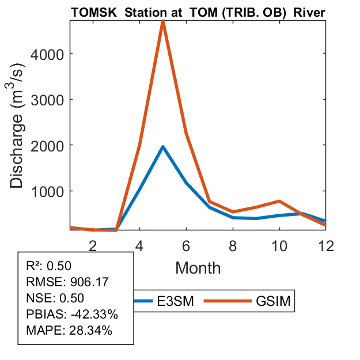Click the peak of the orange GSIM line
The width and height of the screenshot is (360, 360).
(163, 21)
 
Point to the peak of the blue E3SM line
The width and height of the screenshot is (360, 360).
(163, 147)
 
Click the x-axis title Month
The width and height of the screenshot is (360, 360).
(198, 267)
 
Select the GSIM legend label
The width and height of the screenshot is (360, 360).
(275, 301)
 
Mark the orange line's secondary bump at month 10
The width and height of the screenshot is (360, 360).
(279, 201)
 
